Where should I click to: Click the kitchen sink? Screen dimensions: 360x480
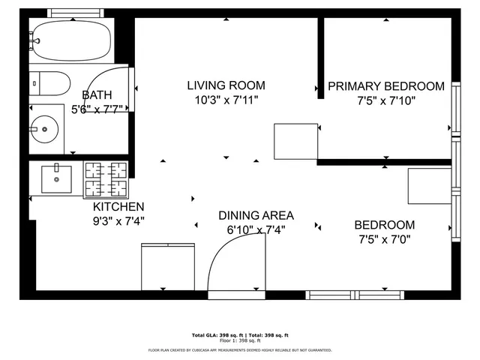pos(56,178)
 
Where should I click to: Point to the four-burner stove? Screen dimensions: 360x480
pos(105,180)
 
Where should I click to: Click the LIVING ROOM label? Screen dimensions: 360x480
pos(226,85)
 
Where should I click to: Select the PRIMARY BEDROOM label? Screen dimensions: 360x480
pos(385,86)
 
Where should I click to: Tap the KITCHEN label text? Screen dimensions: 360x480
pos(118,206)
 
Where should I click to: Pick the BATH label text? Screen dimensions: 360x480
pos(97,94)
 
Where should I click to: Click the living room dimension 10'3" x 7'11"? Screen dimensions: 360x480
pos(226,100)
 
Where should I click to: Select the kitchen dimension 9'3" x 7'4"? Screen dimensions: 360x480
pos(118,220)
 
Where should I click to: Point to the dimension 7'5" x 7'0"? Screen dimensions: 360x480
pos(384,239)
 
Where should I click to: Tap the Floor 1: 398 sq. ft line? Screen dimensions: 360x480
pos(240,340)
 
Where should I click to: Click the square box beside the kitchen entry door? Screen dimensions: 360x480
pos(163,267)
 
